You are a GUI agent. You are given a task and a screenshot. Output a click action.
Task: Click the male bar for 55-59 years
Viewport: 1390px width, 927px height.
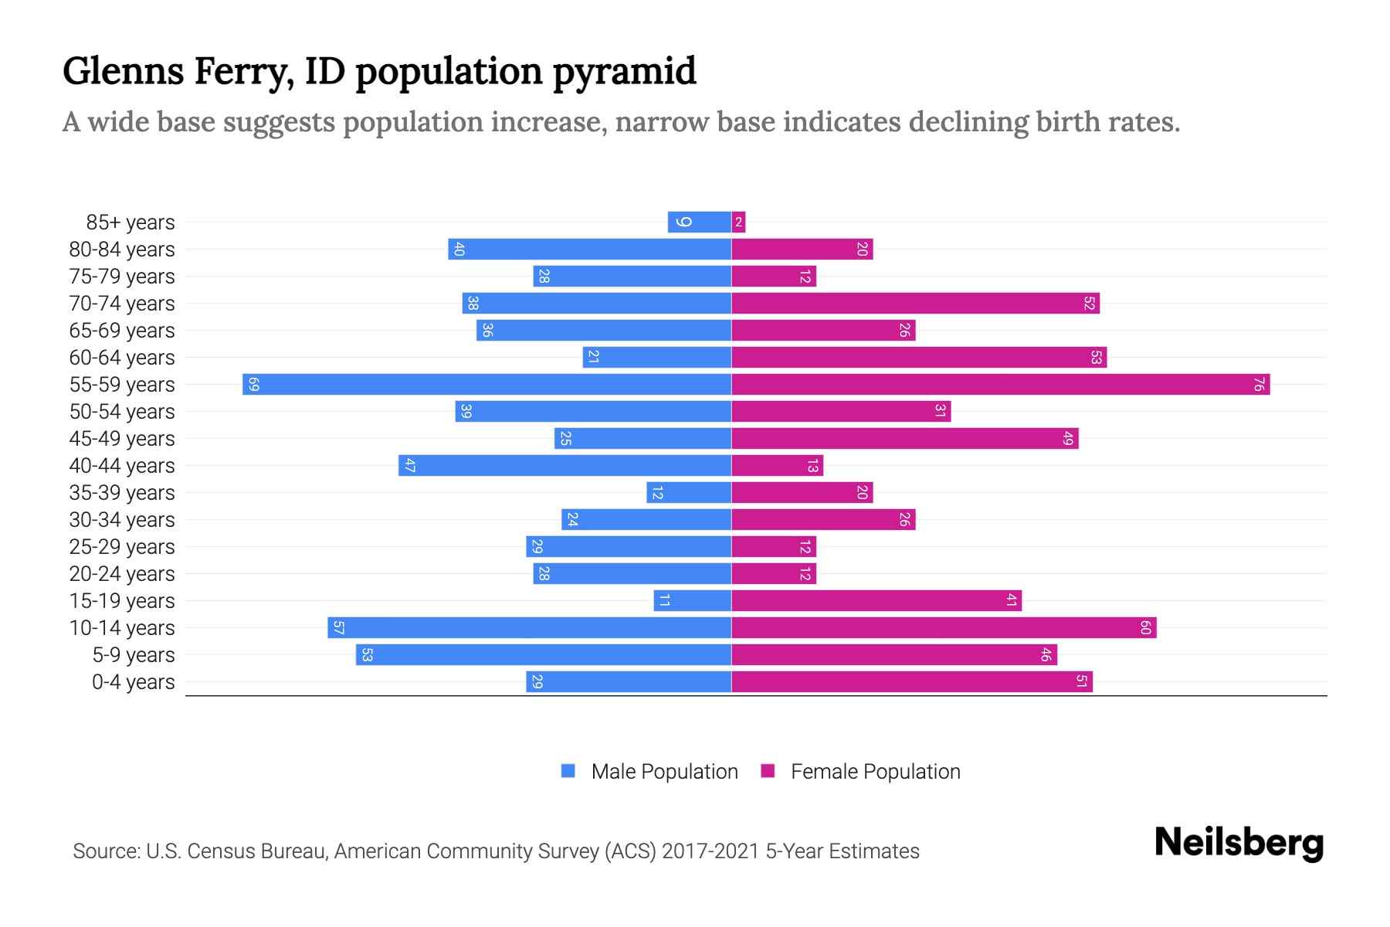pos(486,385)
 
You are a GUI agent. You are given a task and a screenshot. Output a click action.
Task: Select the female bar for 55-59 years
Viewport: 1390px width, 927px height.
pos(1000,385)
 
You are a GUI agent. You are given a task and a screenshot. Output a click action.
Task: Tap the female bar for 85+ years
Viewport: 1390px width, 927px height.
pos(739,222)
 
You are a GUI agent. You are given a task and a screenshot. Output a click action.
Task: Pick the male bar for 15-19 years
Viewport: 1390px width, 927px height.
pos(692,601)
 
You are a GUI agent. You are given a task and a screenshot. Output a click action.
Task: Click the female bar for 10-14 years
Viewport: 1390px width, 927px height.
pos(944,628)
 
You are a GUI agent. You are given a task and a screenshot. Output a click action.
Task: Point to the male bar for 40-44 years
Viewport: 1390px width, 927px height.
pos(564,466)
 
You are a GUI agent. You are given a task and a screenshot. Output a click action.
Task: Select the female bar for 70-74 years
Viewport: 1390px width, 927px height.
pos(915,304)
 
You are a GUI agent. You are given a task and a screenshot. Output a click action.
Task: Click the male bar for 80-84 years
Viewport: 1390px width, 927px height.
pos(589,250)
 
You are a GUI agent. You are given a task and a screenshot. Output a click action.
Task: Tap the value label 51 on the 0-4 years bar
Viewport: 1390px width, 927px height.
pos(1082,682)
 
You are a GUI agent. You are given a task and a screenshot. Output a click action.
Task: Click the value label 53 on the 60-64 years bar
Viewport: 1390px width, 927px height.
pos(1096,358)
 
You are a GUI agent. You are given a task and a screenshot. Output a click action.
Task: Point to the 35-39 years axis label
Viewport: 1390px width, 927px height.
pos(122,493)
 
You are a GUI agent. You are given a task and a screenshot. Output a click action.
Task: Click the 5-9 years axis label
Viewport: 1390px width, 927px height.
pos(133,655)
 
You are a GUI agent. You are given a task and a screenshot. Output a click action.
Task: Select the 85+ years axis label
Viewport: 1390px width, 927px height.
pos(130,222)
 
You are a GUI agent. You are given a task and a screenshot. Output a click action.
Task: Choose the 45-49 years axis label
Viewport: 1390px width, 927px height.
pos(122,439)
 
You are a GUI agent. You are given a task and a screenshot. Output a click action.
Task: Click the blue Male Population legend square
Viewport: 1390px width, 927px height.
pos(568,771)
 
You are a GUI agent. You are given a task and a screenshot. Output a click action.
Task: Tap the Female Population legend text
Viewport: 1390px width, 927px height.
pos(875,772)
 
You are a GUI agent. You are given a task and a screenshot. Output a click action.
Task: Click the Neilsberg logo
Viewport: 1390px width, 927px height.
pos(1239,843)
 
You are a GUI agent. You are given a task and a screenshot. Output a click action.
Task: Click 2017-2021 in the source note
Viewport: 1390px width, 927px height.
pos(710,851)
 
